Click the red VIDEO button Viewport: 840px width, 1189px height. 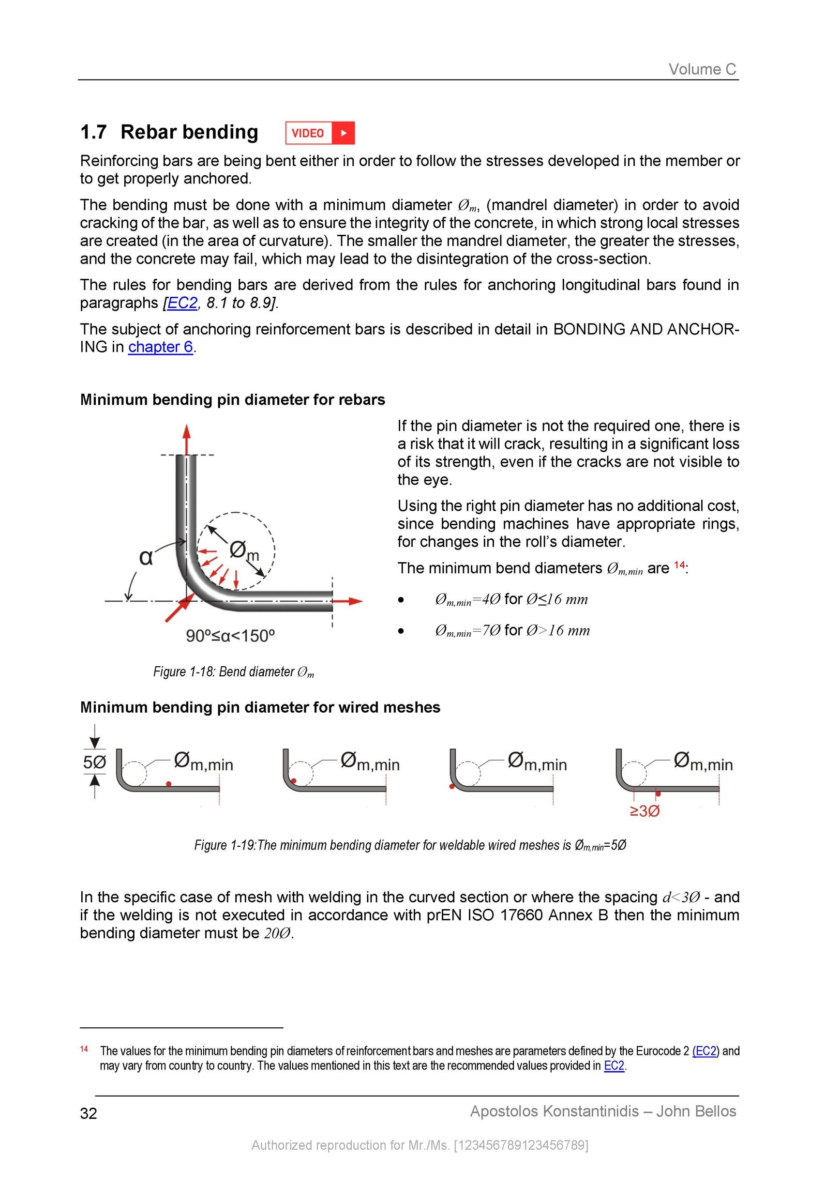coord(320,133)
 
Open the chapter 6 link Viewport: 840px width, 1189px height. coord(161,347)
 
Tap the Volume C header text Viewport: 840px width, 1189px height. coord(702,69)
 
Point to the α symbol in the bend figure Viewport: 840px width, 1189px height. coord(147,558)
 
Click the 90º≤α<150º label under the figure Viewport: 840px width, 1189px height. coord(230,636)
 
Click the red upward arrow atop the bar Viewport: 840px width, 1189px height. coord(187,438)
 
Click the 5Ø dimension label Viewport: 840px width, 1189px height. coord(95,762)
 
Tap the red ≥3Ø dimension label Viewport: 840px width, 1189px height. coord(645,811)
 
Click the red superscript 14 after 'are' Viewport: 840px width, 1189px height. coord(679,565)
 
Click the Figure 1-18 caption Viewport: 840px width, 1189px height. coord(233,672)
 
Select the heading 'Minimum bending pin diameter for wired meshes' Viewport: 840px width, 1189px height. coord(260,707)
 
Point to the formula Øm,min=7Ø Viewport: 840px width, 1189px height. coord(467,631)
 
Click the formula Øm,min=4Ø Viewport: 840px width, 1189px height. coord(467,600)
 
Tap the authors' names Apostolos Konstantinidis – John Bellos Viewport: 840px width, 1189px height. coord(602,1112)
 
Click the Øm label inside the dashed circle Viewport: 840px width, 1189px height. coord(243,551)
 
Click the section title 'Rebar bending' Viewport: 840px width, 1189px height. coord(189,132)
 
